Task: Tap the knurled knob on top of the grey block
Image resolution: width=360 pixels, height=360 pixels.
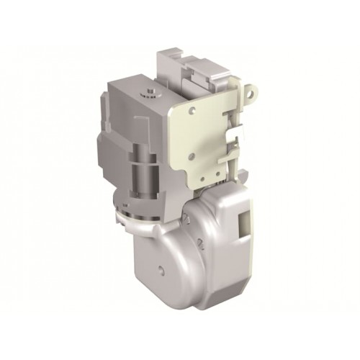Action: coord(149,91)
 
